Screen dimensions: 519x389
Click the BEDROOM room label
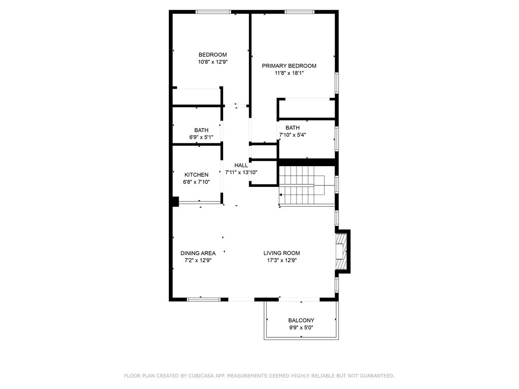(x=212, y=55)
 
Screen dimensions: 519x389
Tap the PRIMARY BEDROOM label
(x=289, y=66)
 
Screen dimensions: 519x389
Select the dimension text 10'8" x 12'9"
(x=213, y=62)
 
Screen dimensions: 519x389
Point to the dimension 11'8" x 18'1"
(x=289, y=73)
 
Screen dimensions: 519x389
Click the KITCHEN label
(x=196, y=175)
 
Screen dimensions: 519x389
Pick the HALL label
(x=241, y=165)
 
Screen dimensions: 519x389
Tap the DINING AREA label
(x=198, y=253)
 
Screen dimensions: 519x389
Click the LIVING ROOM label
(x=282, y=253)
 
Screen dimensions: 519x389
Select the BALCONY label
(x=301, y=320)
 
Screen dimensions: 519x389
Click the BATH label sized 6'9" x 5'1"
(x=201, y=130)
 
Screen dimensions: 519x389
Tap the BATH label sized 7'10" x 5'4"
(x=292, y=127)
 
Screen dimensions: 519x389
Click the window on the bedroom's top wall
(x=213, y=12)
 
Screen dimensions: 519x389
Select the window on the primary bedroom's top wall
(x=299, y=12)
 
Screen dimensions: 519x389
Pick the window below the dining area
(x=204, y=299)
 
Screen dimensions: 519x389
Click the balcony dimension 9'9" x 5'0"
(x=301, y=328)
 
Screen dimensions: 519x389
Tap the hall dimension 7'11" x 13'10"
(x=241, y=172)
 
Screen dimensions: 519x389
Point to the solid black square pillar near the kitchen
(x=175, y=202)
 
